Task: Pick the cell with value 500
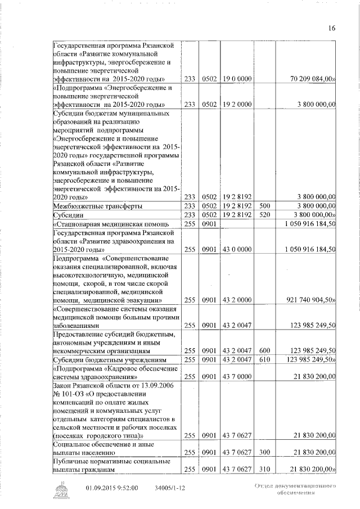click(x=267, y=206)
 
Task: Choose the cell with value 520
click(x=267, y=215)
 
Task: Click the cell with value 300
click(x=267, y=452)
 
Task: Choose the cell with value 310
click(x=267, y=469)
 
